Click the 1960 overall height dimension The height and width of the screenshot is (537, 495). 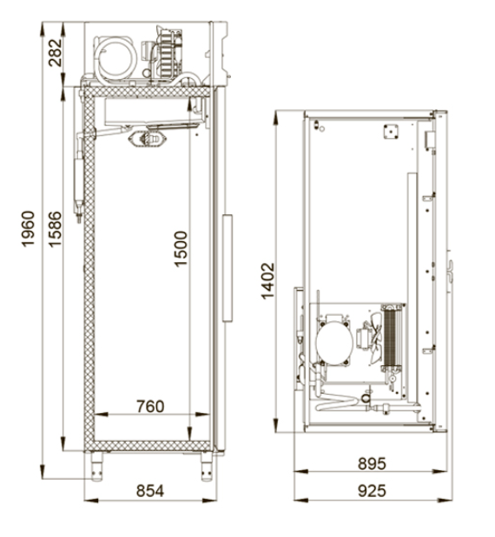coord(28,229)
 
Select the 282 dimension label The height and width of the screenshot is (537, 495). coord(56,53)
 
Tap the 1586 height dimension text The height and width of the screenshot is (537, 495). coord(55,229)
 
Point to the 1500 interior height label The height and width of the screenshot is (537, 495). coord(181,249)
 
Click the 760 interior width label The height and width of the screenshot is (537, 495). coord(150,407)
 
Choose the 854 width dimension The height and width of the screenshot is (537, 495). coord(150,491)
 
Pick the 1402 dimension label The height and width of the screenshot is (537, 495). coord(267,281)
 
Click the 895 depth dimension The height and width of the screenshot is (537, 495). coord(372,464)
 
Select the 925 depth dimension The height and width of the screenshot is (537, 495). coord(372,491)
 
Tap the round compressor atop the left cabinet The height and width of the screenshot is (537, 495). coord(115,59)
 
